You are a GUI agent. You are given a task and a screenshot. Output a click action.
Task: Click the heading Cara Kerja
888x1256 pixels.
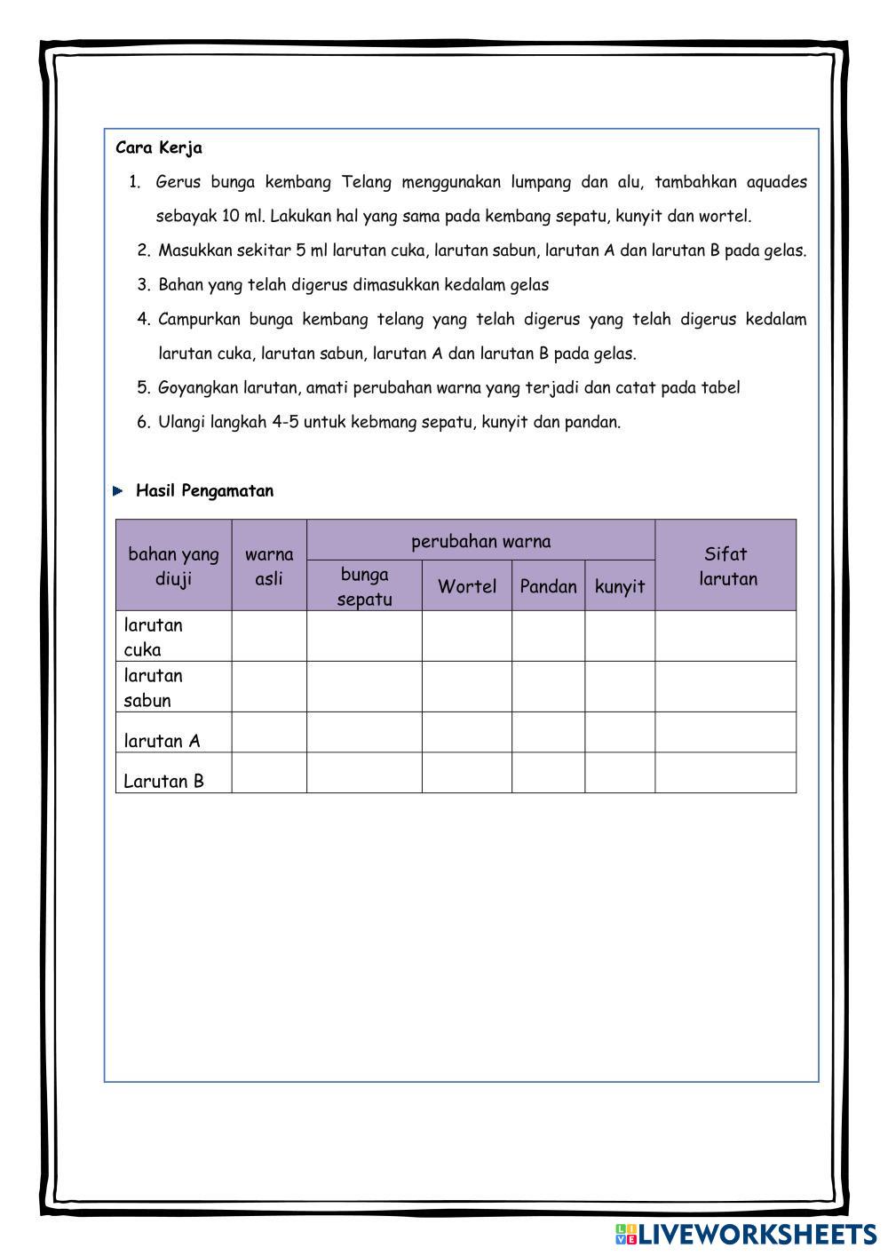(x=159, y=148)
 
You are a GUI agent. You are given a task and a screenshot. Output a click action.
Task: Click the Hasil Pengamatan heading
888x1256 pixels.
(x=204, y=491)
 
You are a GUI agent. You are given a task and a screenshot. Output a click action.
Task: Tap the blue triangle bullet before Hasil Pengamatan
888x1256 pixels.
(x=119, y=491)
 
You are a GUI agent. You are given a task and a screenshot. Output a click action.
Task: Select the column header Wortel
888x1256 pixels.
(x=467, y=586)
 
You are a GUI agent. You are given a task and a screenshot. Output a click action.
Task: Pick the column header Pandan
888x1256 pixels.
(x=548, y=586)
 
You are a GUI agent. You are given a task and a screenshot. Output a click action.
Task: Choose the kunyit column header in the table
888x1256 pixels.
(x=620, y=586)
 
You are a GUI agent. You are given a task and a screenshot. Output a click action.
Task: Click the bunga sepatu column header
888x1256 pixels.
(x=364, y=586)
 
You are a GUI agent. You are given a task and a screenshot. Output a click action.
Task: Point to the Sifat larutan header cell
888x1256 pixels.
(x=726, y=566)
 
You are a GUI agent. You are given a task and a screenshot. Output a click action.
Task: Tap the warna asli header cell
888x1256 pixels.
(x=269, y=566)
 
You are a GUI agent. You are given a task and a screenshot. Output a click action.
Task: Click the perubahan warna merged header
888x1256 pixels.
(x=480, y=541)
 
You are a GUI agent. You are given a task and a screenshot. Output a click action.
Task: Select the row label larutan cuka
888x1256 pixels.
(x=154, y=637)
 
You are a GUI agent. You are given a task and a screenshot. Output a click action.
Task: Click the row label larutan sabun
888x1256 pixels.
(x=154, y=688)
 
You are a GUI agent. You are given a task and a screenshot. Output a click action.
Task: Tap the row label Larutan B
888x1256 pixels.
(x=163, y=781)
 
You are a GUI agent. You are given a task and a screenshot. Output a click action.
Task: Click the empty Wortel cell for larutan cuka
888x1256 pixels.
(x=467, y=636)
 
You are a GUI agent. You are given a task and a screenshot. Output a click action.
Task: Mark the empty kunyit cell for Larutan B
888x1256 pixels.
(x=620, y=773)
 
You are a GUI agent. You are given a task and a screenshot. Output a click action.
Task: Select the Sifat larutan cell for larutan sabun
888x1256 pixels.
(x=726, y=687)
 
